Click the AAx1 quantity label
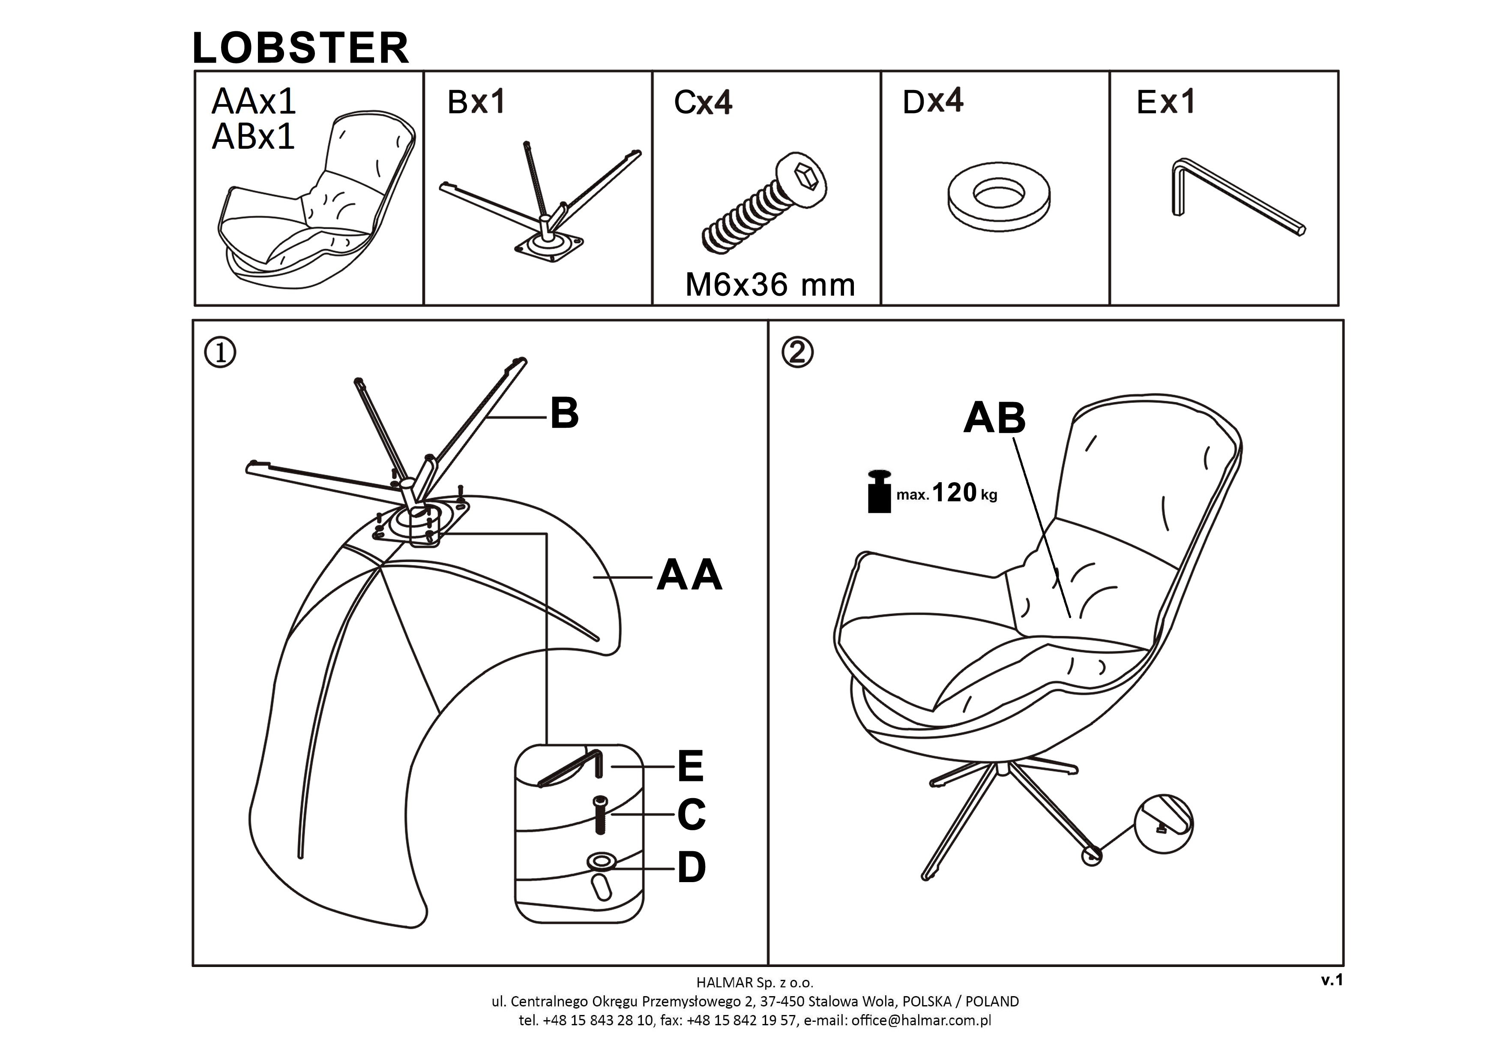tap(254, 102)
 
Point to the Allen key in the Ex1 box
tap(1231, 196)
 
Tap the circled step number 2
tap(797, 353)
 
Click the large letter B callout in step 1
tap(564, 414)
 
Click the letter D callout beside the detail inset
tap(691, 868)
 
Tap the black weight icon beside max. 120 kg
tap(879, 491)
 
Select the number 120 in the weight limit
tap(954, 492)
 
